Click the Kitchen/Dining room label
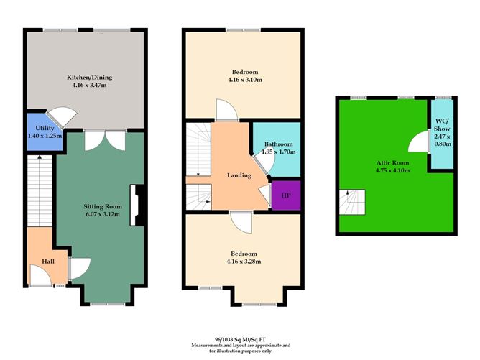89,77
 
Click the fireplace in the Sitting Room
136,206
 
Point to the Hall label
47,262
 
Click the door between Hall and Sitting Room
78,268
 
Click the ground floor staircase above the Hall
38,190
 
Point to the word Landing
239,175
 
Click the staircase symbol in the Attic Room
352,200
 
